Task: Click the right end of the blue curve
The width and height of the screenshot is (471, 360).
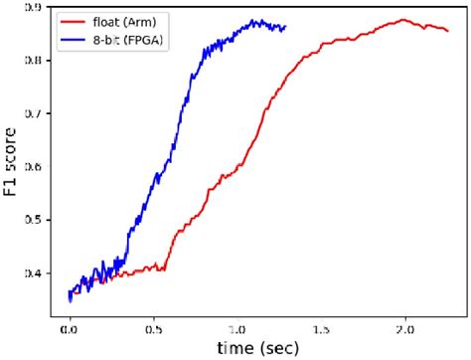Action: pyautogui.click(x=286, y=27)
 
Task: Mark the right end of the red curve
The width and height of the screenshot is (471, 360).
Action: pyautogui.click(x=448, y=30)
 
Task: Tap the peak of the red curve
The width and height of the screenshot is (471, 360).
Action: pyautogui.click(x=404, y=19)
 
